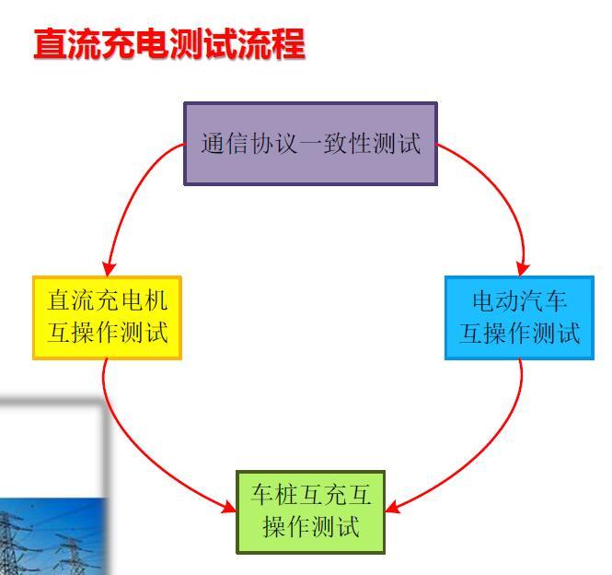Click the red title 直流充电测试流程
[x=169, y=44]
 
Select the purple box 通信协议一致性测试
[x=311, y=144]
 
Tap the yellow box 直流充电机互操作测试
[x=108, y=318]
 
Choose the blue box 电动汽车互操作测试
[x=519, y=318]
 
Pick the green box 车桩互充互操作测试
[x=311, y=512]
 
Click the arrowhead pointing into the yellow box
[x=108, y=269]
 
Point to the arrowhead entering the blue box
[x=523, y=269]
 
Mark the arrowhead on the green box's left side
[x=229, y=508]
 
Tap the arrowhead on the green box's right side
[x=393, y=507]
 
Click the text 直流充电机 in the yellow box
[x=108, y=300]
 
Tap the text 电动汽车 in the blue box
[x=519, y=301]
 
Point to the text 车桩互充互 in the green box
[x=311, y=495]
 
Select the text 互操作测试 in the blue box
[x=519, y=333]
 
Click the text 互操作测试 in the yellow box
[x=108, y=333]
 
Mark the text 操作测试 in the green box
[x=311, y=526]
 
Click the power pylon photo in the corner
[x=52, y=536]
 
